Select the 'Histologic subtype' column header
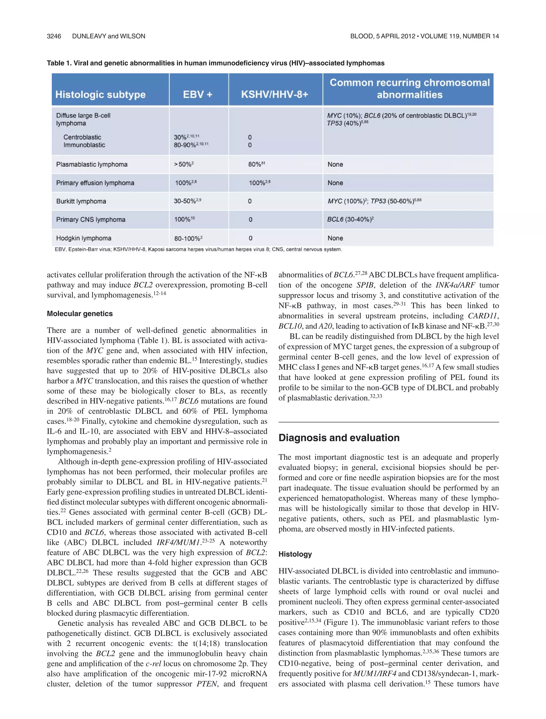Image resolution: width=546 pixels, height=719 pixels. pyautogui.click(x=100, y=95)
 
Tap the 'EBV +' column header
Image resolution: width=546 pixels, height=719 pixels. pyautogui.click(x=198, y=95)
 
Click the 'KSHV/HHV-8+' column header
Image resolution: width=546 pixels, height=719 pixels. pyautogui.click(x=274, y=95)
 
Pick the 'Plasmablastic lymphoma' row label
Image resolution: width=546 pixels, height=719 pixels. pyautogui.click(x=92, y=165)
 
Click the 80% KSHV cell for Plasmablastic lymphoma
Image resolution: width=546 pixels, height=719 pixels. pyautogui.click(x=256, y=165)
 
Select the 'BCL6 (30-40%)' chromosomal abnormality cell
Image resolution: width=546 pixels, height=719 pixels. pyautogui.click(x=350, y=219)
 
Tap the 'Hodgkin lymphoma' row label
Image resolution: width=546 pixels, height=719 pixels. pyautogui.click(x=84, y=238)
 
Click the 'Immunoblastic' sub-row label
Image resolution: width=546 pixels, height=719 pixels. pyautogui.click(x=84, y=145)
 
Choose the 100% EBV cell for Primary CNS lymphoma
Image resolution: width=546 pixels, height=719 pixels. pyautogui.click(x=184, y=220)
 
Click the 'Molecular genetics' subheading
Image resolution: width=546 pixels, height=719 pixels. pyautogui.click(x=80, y=314)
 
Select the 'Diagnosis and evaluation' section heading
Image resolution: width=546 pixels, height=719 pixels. pyautogui.click(x=339, y=438)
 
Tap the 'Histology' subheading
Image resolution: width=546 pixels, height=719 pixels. pyautogui.click(x=295, y=554)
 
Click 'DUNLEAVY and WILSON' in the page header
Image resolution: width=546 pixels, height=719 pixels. pyautogui.click(x=109, y=36)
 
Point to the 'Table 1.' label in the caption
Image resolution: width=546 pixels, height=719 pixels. pyautogui.click(x=59, y=63)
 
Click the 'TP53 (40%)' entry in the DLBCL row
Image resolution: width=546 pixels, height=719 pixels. pyautogui.click(x=347, y=124)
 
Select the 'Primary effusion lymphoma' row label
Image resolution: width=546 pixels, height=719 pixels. pyautogui.click(x=95, y=183)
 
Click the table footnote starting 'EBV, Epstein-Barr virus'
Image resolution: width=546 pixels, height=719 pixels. pyautogui.click(x=198, y=250)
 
